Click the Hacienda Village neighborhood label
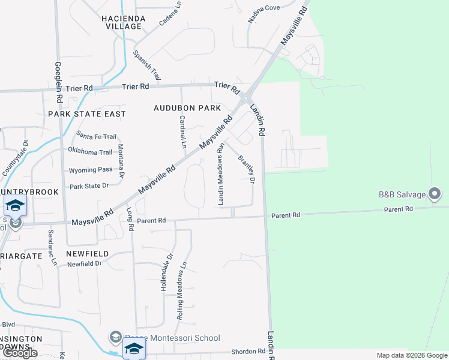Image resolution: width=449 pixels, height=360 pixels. pos(125,22)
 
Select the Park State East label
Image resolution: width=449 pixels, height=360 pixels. pos(87,113)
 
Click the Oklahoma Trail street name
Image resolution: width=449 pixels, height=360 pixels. pos(90,152)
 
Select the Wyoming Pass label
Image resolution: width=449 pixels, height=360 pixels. pos(91,170)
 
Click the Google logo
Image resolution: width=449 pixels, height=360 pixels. pos(21,353)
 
